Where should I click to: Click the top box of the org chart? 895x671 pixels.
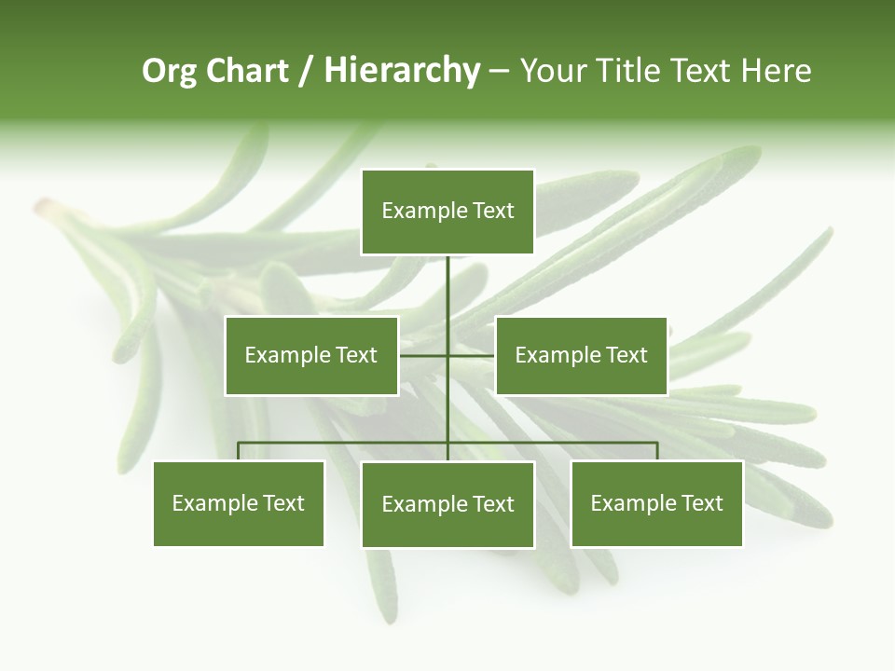tap(447, 212)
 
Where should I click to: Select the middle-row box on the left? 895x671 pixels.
tap(311, 355)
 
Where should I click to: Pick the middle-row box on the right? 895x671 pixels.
tap(581, 355)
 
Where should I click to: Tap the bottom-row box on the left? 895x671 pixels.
tap(239, 503)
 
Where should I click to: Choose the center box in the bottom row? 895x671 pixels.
tap(447, 504)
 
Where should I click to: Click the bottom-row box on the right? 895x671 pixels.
tap(656, 503)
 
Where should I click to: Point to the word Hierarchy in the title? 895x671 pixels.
tap(402, 71)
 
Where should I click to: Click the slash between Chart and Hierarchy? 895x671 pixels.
tap(306, 72)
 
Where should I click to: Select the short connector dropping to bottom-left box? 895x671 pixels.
tap(239, 451)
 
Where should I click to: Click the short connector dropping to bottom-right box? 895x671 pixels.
tap(657, 451)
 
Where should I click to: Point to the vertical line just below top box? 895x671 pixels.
tap(447, 280)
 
